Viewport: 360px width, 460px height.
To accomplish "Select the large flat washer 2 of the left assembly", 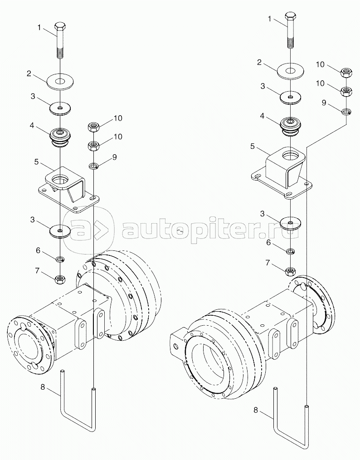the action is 60,82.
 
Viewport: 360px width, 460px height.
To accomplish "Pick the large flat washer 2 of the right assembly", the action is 291,71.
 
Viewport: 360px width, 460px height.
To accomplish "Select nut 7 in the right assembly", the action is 290,270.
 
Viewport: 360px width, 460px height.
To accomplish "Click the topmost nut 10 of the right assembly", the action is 346,72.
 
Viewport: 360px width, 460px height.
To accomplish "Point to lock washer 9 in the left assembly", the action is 93,166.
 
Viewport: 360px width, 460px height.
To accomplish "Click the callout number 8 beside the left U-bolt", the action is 43,387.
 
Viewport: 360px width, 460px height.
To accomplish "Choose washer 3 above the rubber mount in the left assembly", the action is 60,108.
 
